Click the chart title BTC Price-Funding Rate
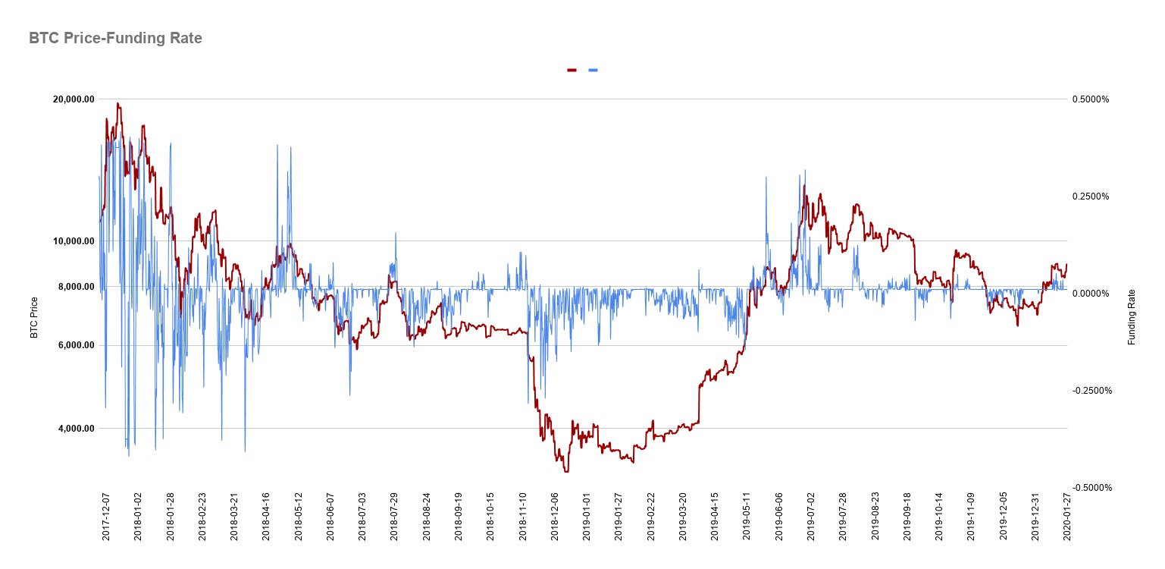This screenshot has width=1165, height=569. [115, 38]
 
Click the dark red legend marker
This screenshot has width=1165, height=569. [572, 71]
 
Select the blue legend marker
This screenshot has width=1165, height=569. [593, 71]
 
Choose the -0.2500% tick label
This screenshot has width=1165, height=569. [1091, 391]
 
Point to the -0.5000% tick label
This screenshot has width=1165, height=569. [1091, 488]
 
